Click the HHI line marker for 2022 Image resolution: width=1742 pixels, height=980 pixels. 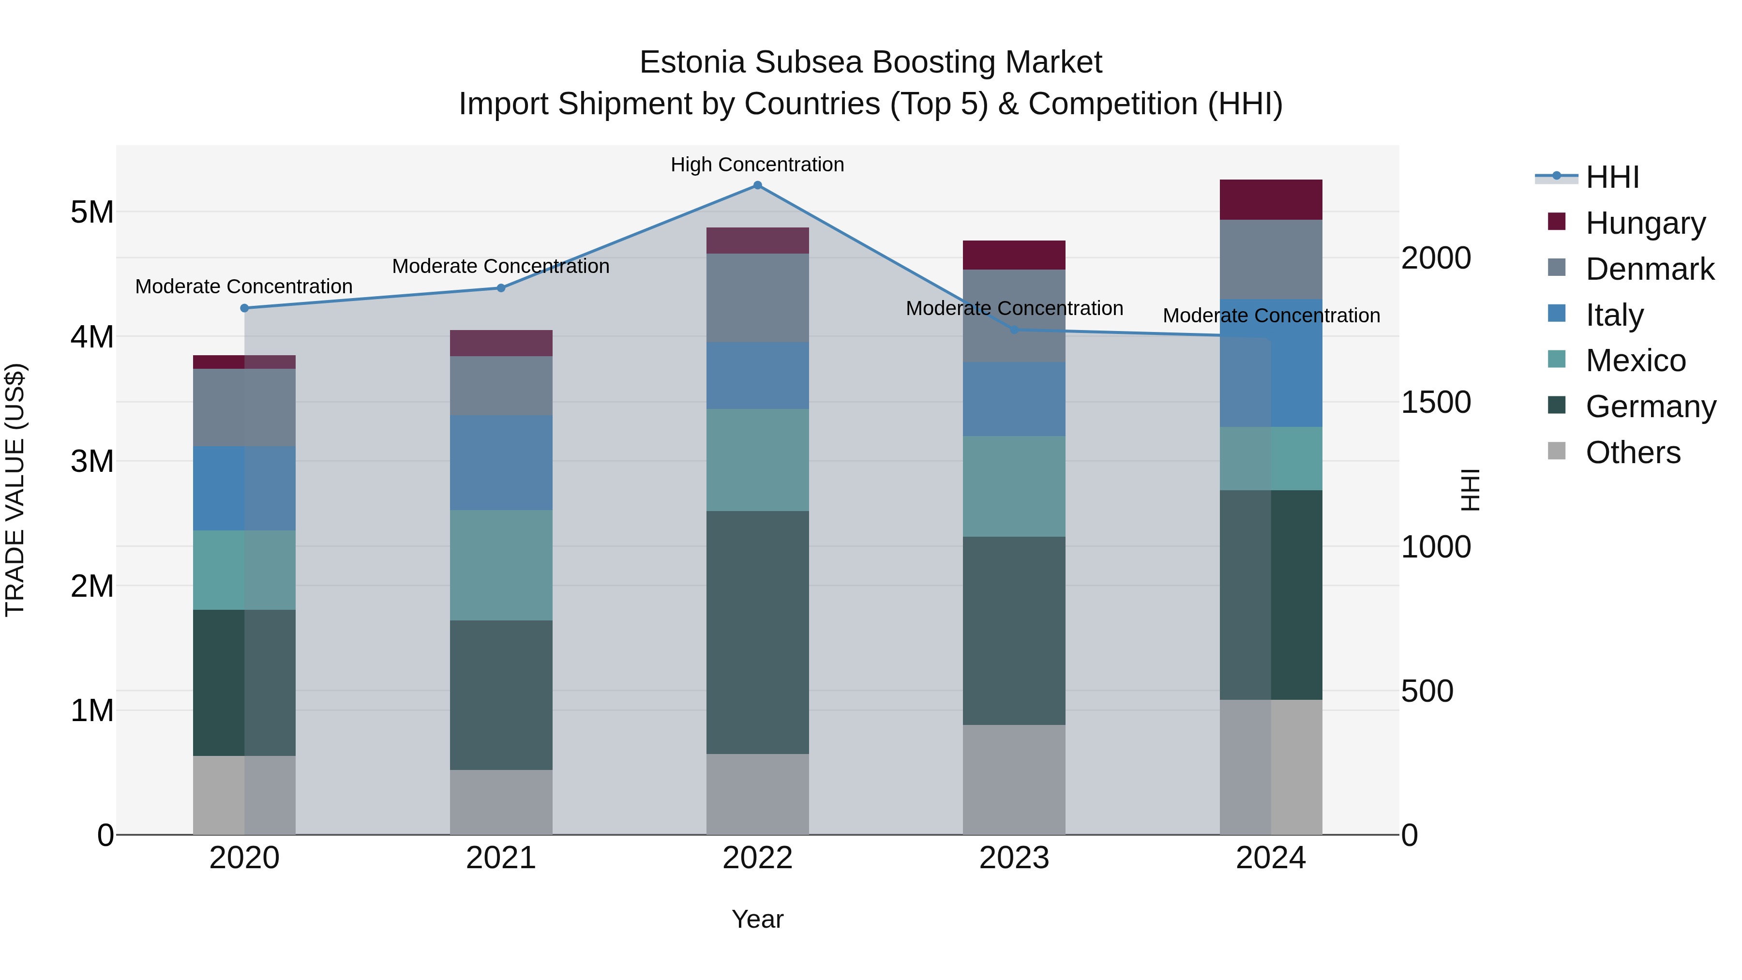point(757,185)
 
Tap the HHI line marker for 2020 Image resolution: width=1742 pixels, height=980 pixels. point(245,308)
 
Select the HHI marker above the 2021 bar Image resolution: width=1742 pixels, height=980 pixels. point(501,288)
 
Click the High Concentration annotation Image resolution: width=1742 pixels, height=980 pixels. point(757,165)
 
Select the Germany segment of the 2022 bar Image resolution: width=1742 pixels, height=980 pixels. point(757,633)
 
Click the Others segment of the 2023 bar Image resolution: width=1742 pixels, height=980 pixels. point(1014,779)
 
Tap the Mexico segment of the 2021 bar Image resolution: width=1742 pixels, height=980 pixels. point(501,565)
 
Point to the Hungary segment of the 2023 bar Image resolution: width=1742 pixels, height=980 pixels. point(1014,255)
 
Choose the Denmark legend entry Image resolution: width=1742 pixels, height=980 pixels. point(1650,269)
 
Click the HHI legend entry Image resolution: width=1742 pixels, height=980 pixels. point(1612,177)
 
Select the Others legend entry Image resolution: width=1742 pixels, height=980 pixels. point(1633,452)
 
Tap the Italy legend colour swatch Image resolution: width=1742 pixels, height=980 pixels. point(1557,314)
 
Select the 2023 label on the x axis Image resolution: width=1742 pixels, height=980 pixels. point(1014,858)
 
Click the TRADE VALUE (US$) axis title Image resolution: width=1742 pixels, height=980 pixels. point(15,490)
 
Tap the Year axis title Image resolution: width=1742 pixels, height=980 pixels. point(757,919)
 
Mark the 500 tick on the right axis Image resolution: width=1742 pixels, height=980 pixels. point(1427,691)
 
